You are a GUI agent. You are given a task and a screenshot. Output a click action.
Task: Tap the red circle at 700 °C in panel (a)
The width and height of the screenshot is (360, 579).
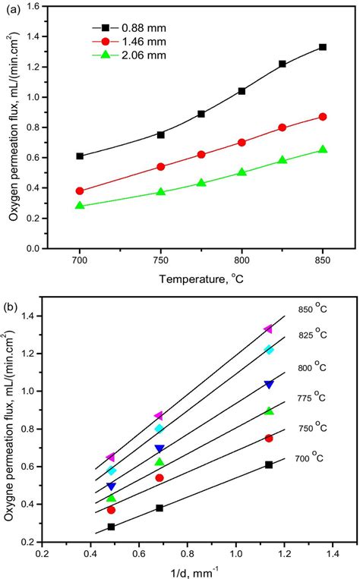click(x=80, y=191)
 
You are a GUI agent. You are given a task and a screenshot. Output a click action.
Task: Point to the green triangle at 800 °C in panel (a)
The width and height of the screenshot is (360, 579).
click(x=242, y=172)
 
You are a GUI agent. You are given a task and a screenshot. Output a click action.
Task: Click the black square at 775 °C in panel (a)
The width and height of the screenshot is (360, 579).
click(x=201, y=114)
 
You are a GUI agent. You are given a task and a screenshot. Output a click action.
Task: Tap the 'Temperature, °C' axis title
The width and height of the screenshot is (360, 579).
click(x=201, y=278)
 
